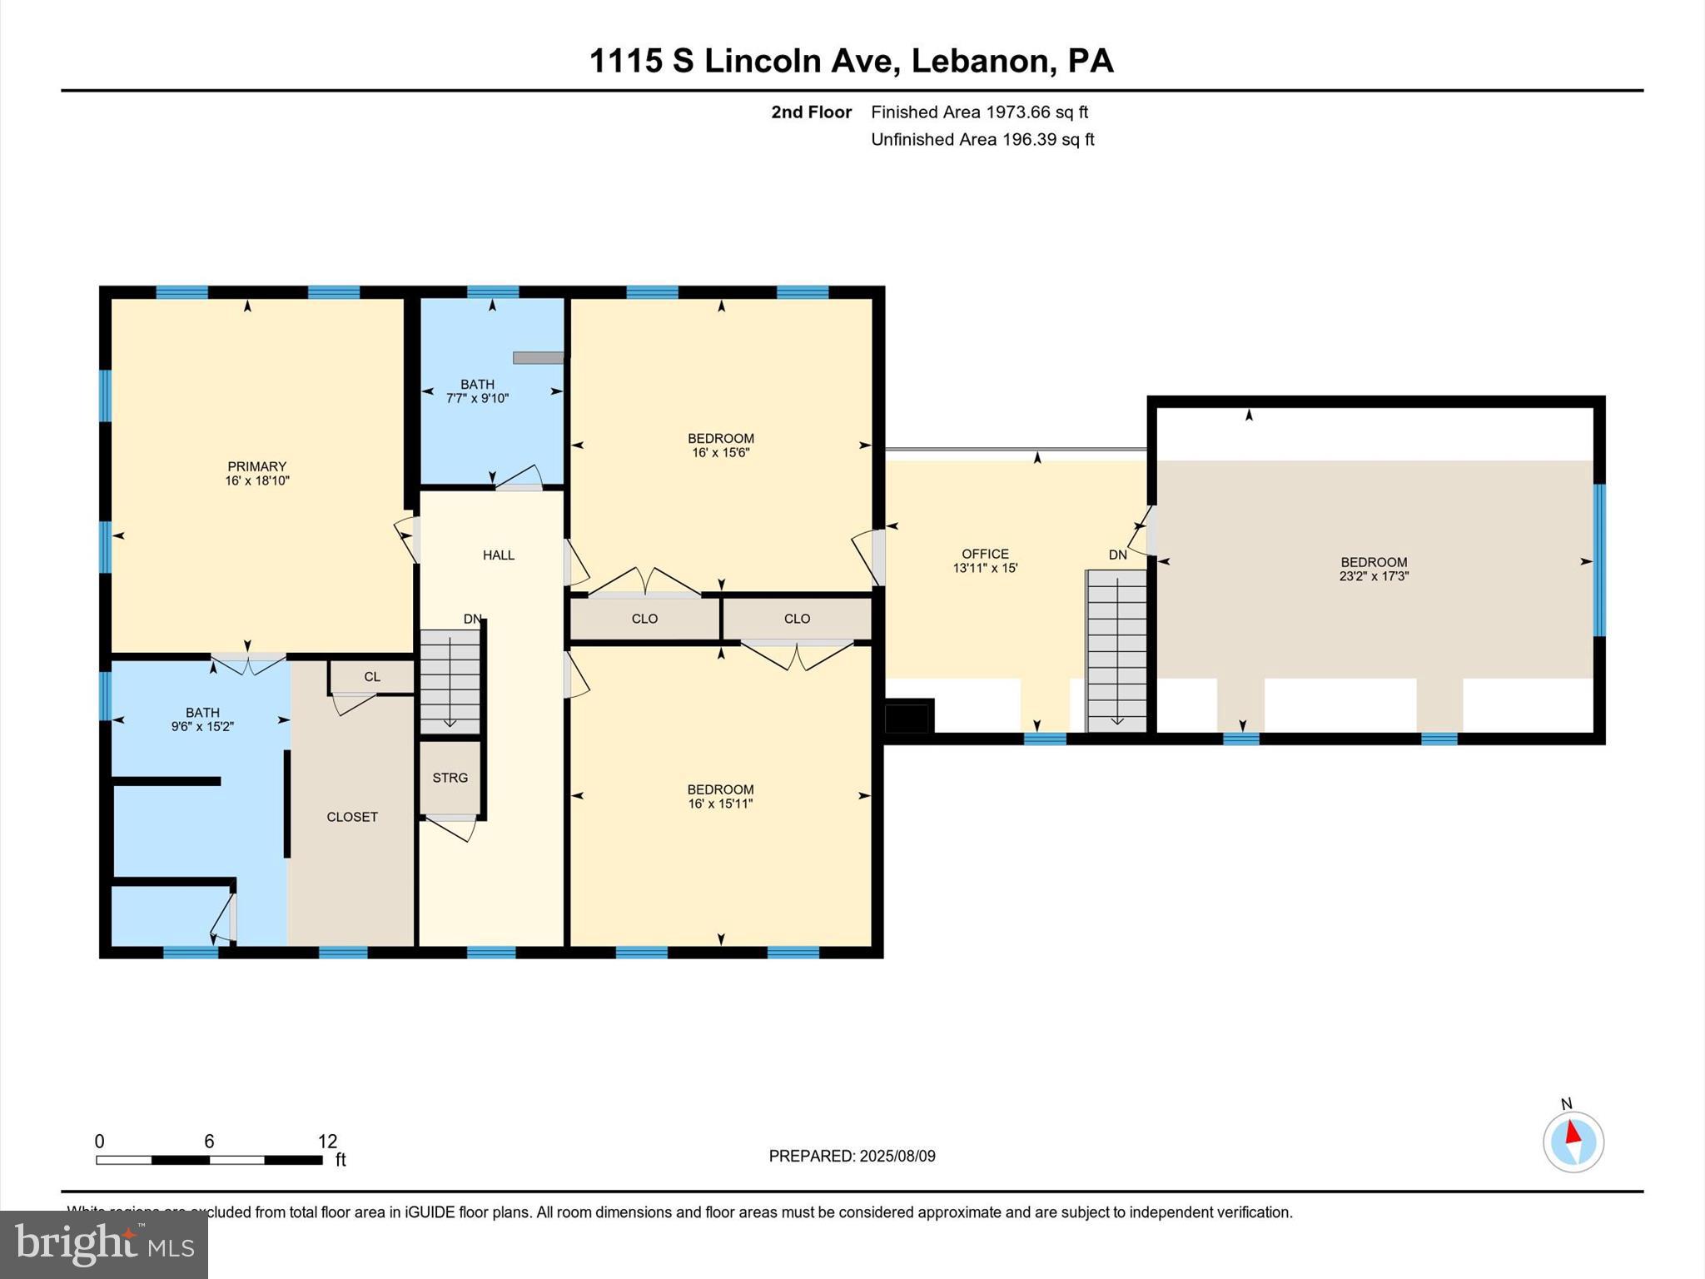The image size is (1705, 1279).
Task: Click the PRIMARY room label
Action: coord(256,466)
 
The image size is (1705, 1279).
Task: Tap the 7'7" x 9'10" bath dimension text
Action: coord(477,399)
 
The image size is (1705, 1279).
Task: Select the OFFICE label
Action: coord(985,554)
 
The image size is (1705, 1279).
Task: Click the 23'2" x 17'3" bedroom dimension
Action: coord(1374,576)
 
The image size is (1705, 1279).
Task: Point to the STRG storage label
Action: coord(450,778)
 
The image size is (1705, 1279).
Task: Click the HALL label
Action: coord(499,555)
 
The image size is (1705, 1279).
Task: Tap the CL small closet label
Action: coord(372,677)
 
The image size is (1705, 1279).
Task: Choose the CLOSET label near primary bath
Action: coord(352,817)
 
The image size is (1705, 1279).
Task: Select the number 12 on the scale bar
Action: coord(327,1142)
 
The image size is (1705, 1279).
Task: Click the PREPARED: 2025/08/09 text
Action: coord(852,1156)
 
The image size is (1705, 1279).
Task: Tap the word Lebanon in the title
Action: coord(978,61)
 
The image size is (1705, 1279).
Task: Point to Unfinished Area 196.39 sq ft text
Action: coord(982,139)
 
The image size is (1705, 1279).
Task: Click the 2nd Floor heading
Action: coord(811,112)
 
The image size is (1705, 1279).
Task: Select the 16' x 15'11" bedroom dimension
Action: coord(720,804)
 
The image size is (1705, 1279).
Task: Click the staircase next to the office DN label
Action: coord(1116,649)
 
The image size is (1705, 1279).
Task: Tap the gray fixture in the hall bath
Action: coord(538,358)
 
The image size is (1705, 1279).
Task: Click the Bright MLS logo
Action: coord(104,1244)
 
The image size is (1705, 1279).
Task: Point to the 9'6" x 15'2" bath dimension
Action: coord(202,727)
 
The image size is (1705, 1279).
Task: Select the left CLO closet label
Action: coord(644,619)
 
